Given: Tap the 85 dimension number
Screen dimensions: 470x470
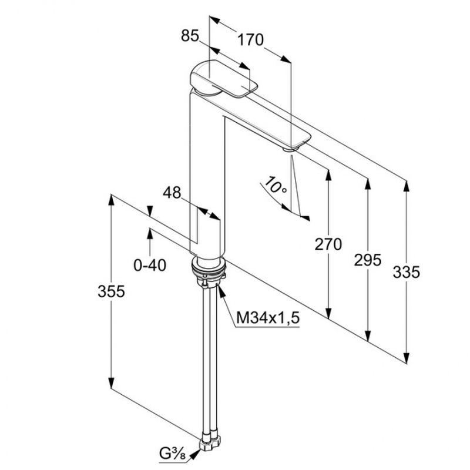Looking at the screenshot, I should (x=190, y=36).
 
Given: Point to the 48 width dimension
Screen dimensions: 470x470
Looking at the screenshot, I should (x=172, y=193).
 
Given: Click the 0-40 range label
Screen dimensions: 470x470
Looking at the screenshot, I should (x=150, y=266).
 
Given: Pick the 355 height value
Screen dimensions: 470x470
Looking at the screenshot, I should (x=111, y=291).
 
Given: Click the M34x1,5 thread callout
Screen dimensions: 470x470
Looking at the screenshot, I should (x=268, y=318).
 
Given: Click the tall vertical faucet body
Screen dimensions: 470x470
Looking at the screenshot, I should (x=206, y=176).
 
